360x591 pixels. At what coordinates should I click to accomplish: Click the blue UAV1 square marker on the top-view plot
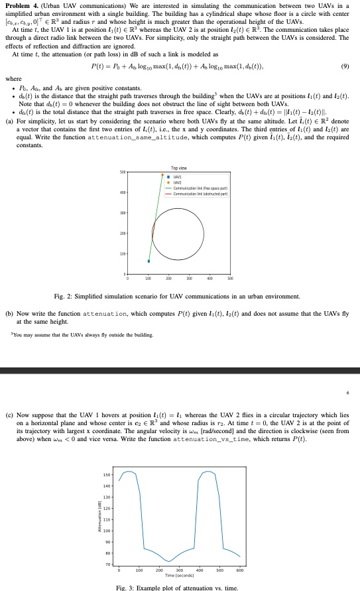(149, 261)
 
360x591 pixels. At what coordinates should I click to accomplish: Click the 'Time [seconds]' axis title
(180, 575)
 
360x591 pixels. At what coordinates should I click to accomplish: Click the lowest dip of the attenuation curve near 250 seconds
(168, 562)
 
